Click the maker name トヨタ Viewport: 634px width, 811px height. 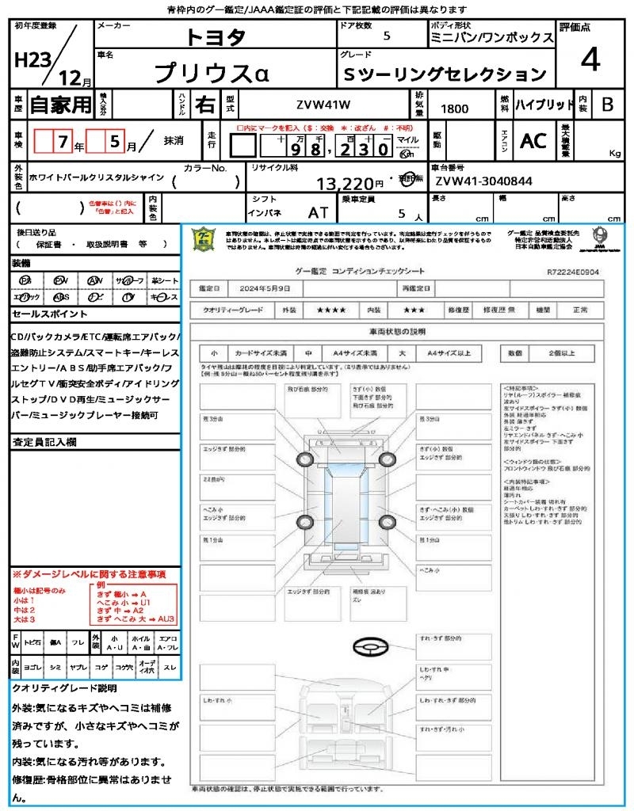[x=216, y=36]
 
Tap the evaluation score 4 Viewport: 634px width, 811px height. [x=589, y=60]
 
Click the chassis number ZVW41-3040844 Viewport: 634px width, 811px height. [x=483, y=181]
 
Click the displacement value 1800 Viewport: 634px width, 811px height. [x=454, y=109]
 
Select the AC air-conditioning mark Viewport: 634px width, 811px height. [x=533, y=141]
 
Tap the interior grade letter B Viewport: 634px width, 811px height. [x=606, y=105]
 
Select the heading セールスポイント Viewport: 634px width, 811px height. [x=43, y=314]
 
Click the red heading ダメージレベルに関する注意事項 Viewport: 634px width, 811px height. [x=89, y=573]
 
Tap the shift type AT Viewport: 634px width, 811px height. [x=318, y=213]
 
